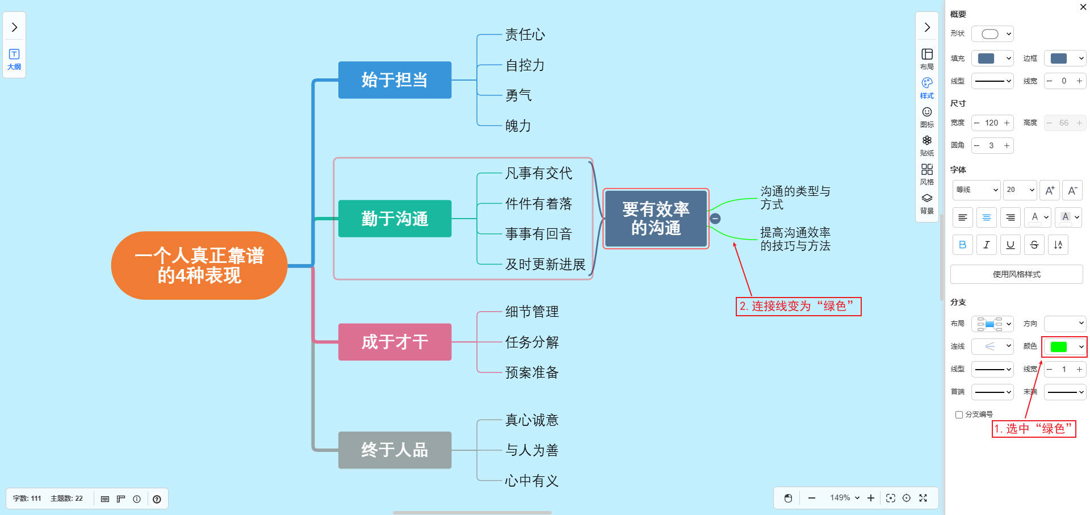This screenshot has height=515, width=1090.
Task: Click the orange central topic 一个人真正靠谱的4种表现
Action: (199, 265)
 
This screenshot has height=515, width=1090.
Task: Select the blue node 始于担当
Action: (395, 80)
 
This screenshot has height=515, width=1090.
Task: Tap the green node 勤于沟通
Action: (395, 219)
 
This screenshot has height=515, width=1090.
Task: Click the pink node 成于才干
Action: (395, 342)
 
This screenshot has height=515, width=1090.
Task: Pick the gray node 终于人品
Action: (395, 450)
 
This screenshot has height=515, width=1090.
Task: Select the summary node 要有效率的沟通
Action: (656, 219)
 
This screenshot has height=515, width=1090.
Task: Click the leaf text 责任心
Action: (525, 35)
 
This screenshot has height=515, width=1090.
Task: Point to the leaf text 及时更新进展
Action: (545, 265)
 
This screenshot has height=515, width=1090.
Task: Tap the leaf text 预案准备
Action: (532, 372)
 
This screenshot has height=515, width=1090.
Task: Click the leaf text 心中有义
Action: (532, 481)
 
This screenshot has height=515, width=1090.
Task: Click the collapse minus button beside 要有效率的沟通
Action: (715, 219)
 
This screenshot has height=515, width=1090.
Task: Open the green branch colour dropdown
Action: (1064, 346)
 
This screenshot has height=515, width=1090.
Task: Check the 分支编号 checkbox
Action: (959, 414)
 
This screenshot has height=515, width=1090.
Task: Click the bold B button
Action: (962, 245)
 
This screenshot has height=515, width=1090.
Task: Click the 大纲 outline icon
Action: (14, 58)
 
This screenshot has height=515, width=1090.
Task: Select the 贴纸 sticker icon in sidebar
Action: (927, 145)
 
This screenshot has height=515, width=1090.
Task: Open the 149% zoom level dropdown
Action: (845, 498)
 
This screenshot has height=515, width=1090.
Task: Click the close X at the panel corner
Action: (1083, 7)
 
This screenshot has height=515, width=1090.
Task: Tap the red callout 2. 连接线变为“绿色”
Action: (798, 307)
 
